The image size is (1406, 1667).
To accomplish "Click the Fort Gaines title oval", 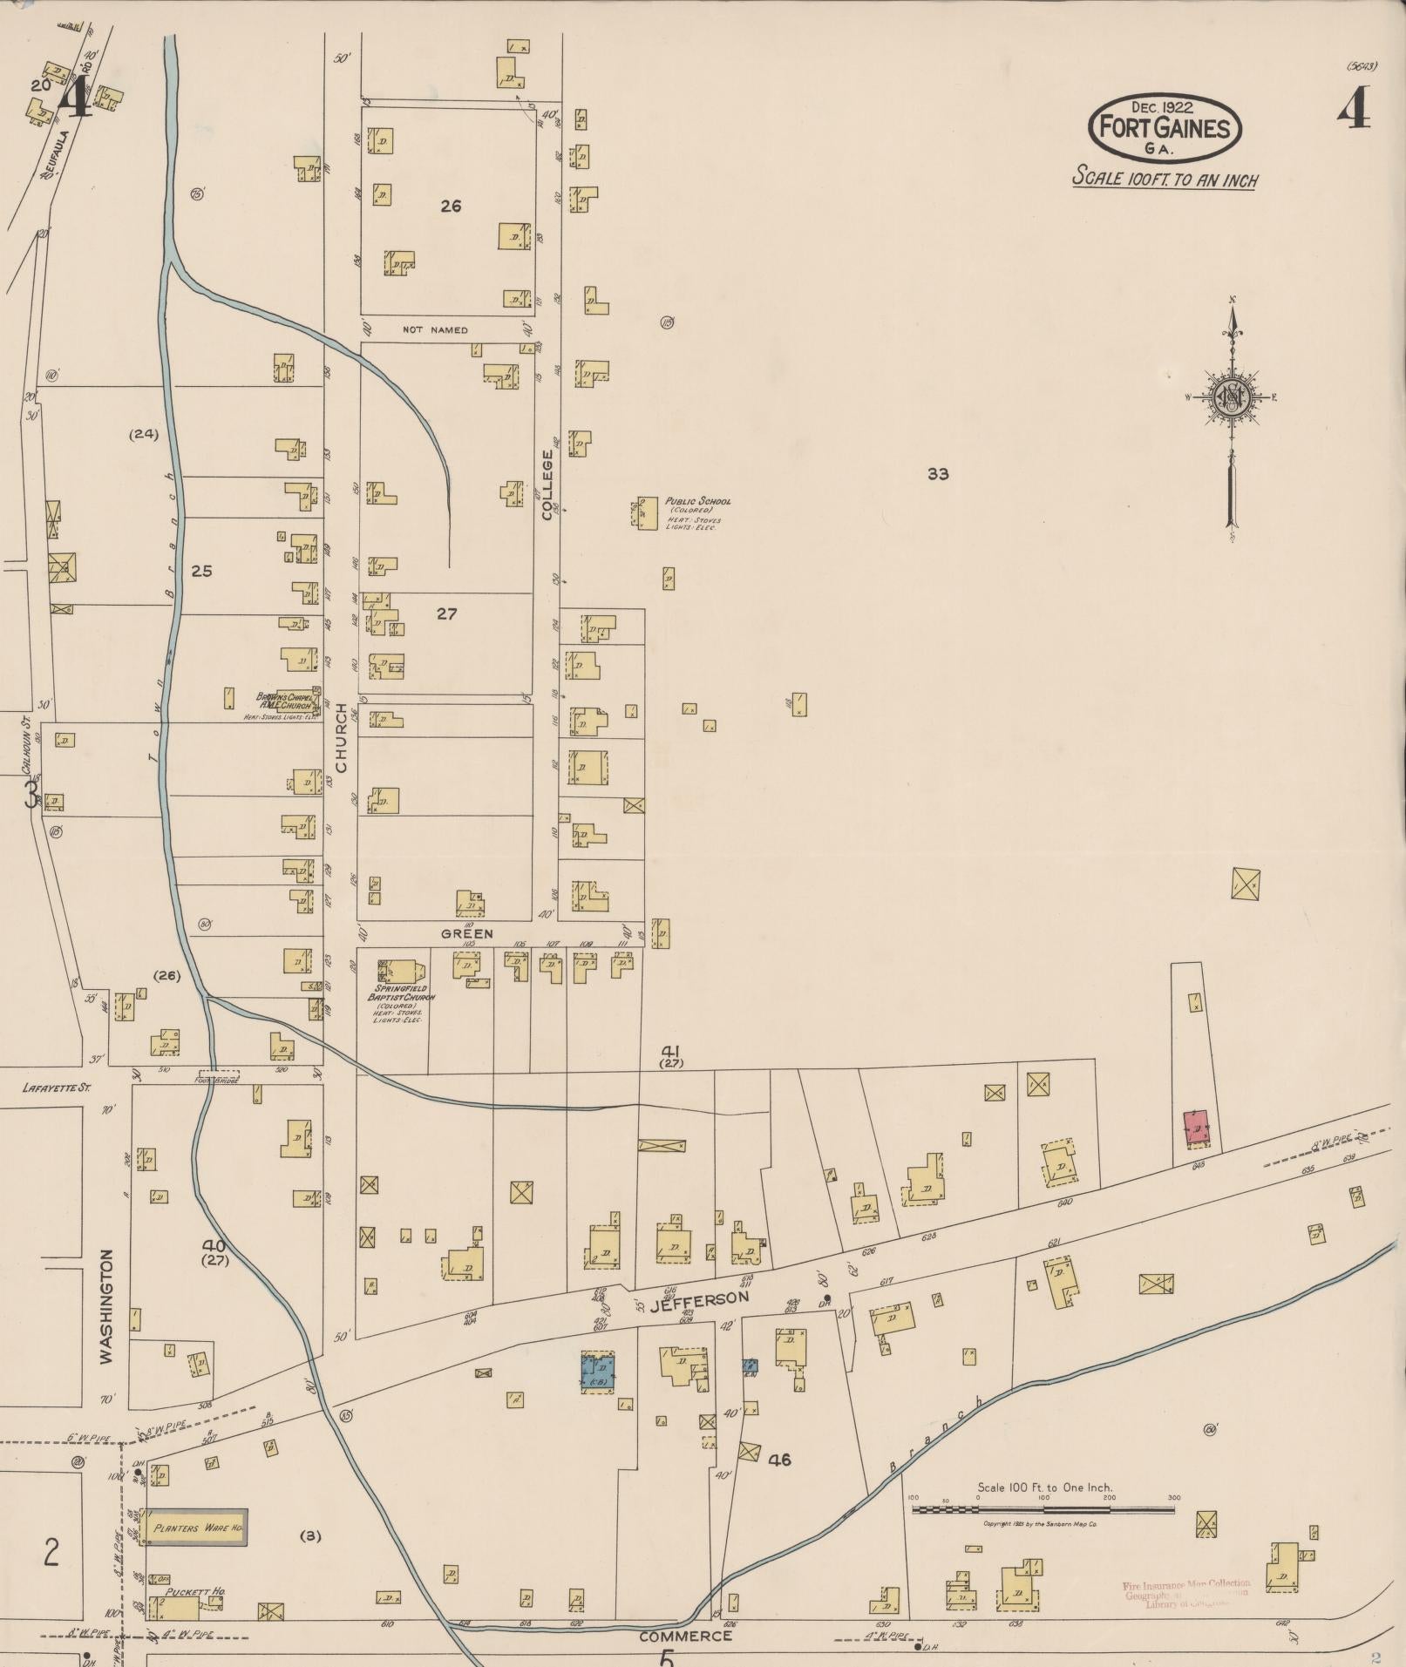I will coord(1165,127).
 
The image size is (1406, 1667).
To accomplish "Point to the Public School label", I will coord(697,501).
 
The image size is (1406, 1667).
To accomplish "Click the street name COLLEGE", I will coord(547,485).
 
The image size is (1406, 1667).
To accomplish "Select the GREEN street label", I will coord(466,933).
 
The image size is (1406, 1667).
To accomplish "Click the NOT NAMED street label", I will coord(435,329).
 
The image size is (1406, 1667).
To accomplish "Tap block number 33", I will coord(938,474).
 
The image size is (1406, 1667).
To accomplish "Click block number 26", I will coord(451,206).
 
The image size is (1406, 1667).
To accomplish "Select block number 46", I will coord(779,1459).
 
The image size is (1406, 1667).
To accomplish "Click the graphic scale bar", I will coord(1043,1508).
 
